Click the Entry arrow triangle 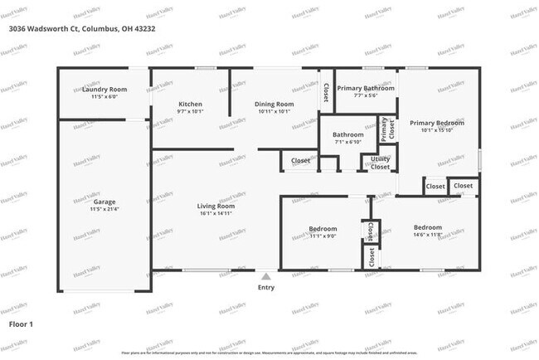coord(265,276)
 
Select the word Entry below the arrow coord(265,288)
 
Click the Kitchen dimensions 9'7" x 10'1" coord(190,111)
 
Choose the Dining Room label coord(274,104)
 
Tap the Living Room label coord(216,206)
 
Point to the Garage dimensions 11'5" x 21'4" coord(104,208)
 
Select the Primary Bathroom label coord(365,88)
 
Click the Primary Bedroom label coord(437,122)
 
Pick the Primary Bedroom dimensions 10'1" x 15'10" coord(437,129)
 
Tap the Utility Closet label coord(380,163)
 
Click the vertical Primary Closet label coord(385,128)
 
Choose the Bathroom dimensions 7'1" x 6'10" coord(348,142)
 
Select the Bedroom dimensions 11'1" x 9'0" coord(323,236)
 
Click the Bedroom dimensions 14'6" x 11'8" coord(427,235)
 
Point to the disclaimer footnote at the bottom coord(269,353)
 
